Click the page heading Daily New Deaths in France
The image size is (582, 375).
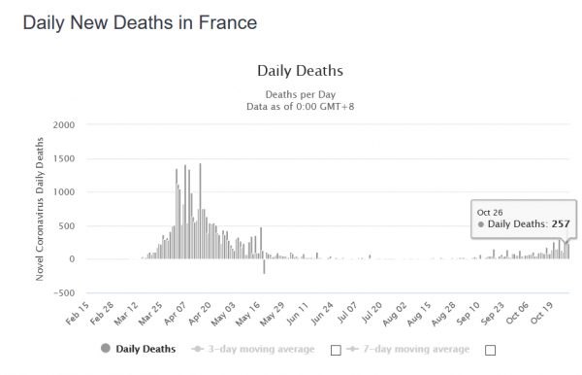(140, 22)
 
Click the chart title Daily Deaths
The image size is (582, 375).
(300, 71)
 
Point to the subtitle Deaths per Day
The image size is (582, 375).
(301, 94)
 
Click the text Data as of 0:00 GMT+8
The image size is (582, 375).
(301, 107)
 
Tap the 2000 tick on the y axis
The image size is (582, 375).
(64, 125)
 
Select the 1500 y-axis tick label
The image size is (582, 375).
(64, 158)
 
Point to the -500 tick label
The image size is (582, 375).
(64, 292)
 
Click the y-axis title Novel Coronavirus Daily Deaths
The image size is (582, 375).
(40, 209)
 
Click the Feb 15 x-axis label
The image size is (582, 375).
(78, 313)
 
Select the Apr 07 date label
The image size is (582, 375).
(175, 313)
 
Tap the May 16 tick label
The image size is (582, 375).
(248, 314)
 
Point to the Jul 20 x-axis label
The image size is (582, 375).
(372, 312)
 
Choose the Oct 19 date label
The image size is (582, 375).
(542, 313)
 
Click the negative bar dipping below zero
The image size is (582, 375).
(264, 266)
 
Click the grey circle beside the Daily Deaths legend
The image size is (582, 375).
(106, 348)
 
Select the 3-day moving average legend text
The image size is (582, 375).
(261, 349)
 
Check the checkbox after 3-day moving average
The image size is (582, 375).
(336, 350)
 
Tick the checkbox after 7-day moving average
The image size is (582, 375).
(490, 350)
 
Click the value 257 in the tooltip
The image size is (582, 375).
(561, 224)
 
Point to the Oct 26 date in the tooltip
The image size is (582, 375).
(490, 213)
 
